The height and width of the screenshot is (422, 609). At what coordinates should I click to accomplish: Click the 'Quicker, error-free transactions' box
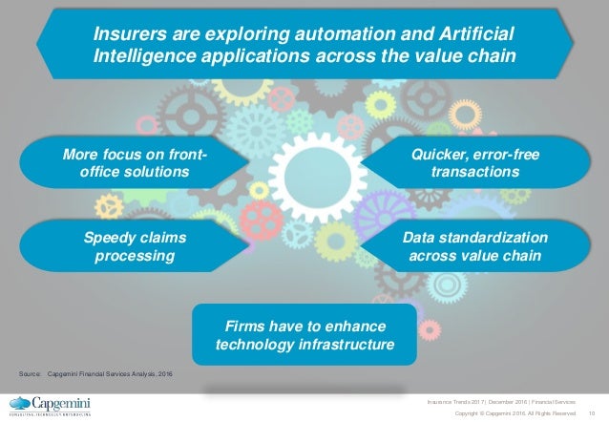click(474, 161)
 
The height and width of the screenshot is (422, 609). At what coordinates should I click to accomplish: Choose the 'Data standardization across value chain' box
click(474, 247)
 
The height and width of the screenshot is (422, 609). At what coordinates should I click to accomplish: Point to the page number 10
click(592, 411)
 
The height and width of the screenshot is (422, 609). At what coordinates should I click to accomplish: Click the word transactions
click(474, 172)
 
